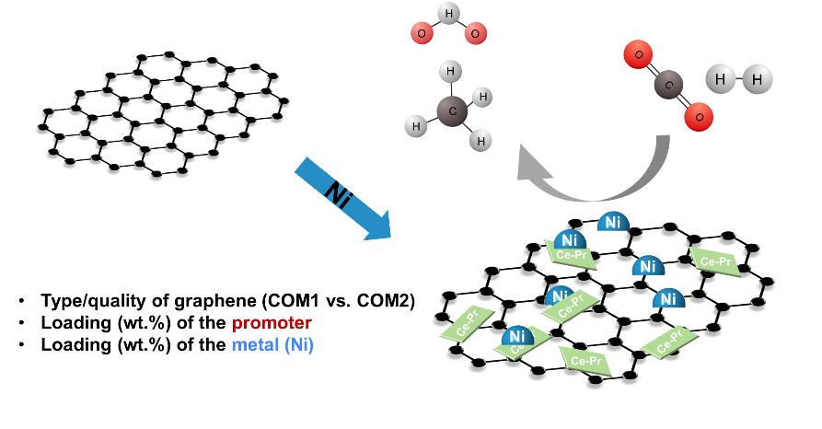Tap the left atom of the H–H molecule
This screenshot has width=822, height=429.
pyautogui.click(x=721, y=79)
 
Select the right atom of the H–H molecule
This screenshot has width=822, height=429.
pyautogui.click(x=757, y=80)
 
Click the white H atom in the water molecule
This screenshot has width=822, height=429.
pyautogui.click(x=448, y=14)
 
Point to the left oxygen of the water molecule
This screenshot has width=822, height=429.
pyautogui.click(x=421, y=35)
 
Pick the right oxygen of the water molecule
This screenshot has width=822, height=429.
pyautogui.click(x=475, y=35)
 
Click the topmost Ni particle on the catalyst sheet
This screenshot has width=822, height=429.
pyautogui.click(x=613, y=222)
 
